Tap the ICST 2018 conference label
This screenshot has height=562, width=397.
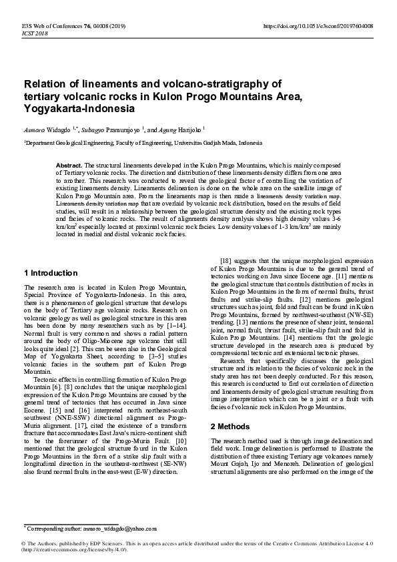tap(35, 33)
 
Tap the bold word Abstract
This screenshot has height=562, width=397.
tap(69, 164)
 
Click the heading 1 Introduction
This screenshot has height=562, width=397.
tap(51, 273)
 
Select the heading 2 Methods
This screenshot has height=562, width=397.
tap(231, 426)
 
